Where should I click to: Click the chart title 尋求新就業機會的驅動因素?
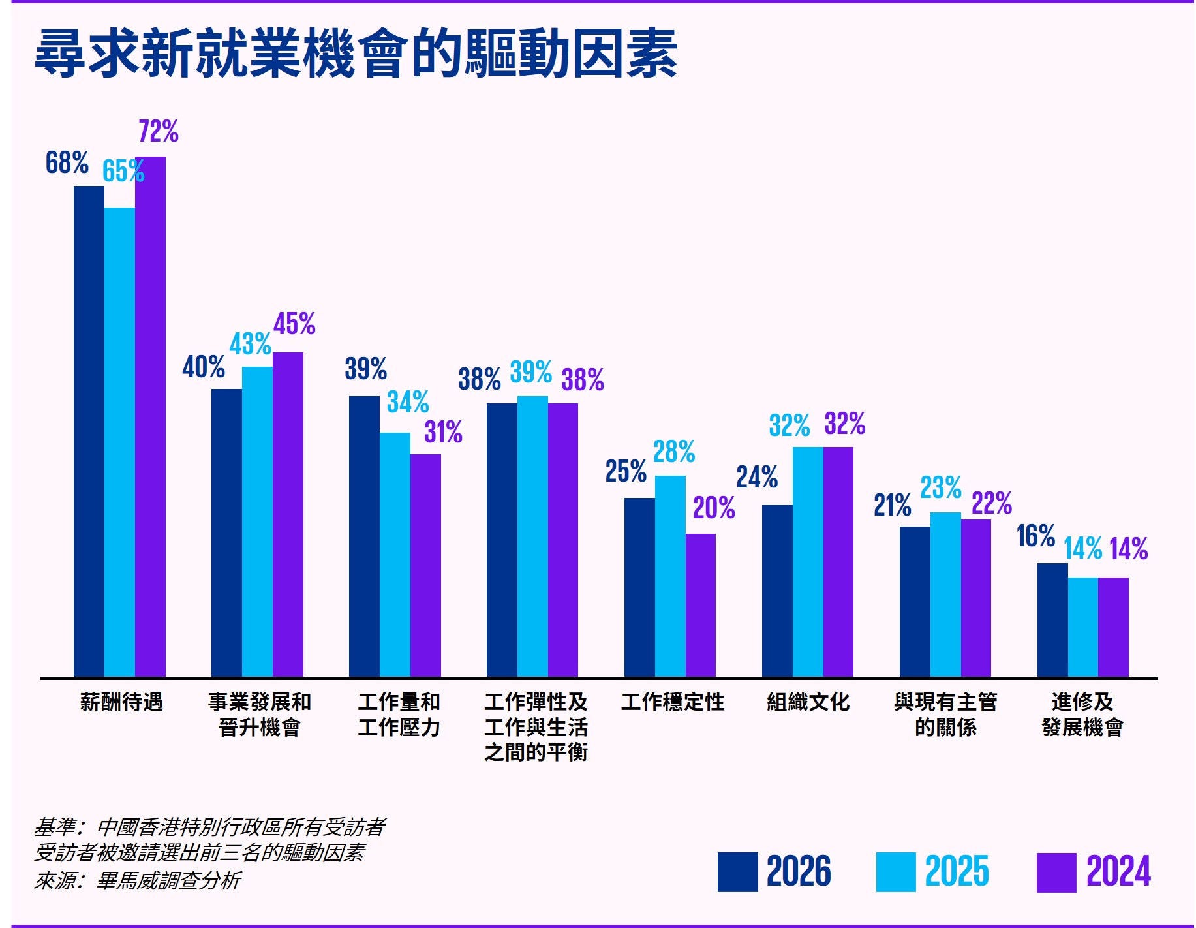356,54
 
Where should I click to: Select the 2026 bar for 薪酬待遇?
89,431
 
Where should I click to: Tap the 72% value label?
159,132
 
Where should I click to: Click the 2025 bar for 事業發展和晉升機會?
257,522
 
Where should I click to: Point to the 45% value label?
294,324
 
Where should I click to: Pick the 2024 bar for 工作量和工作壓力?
425,565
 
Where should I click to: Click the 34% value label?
408,402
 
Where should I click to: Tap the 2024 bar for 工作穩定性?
700,605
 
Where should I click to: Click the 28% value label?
674,452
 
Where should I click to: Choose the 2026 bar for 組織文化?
777,591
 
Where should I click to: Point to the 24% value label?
757,477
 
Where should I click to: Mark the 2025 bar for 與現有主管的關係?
945,595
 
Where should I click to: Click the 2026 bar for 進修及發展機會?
1052,620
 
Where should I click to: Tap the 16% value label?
1035,536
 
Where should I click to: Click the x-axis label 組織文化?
808,702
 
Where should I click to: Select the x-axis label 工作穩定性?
673,702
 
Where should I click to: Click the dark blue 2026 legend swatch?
737,872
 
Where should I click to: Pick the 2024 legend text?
1118,872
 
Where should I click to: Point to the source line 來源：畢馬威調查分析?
138,881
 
